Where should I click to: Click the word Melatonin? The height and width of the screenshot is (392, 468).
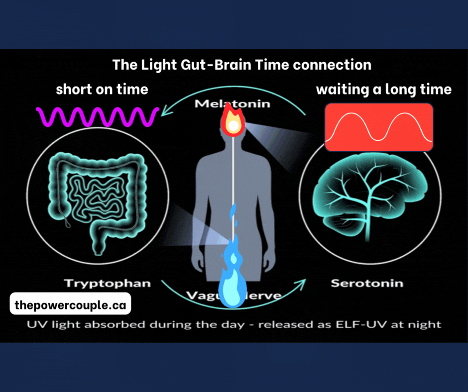click(232, 104)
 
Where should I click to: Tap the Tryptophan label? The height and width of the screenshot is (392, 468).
click(108, 284)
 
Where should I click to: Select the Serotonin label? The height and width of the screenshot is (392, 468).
click(367, 284)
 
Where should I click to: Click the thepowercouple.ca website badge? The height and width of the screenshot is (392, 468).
click(70, 304)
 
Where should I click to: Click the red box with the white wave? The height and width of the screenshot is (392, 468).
click(379, 127)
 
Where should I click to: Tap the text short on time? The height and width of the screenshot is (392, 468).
click(102, 90)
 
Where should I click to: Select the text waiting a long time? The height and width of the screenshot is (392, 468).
click(384, 90)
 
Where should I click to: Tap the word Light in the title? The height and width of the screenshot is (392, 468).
click(150, 65)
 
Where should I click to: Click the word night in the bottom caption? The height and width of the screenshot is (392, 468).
click(427, 324)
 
